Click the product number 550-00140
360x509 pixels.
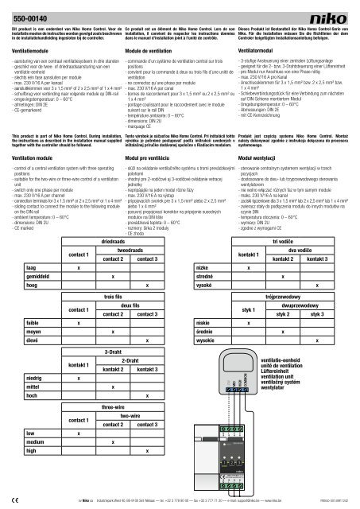(x=29, y=17)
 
